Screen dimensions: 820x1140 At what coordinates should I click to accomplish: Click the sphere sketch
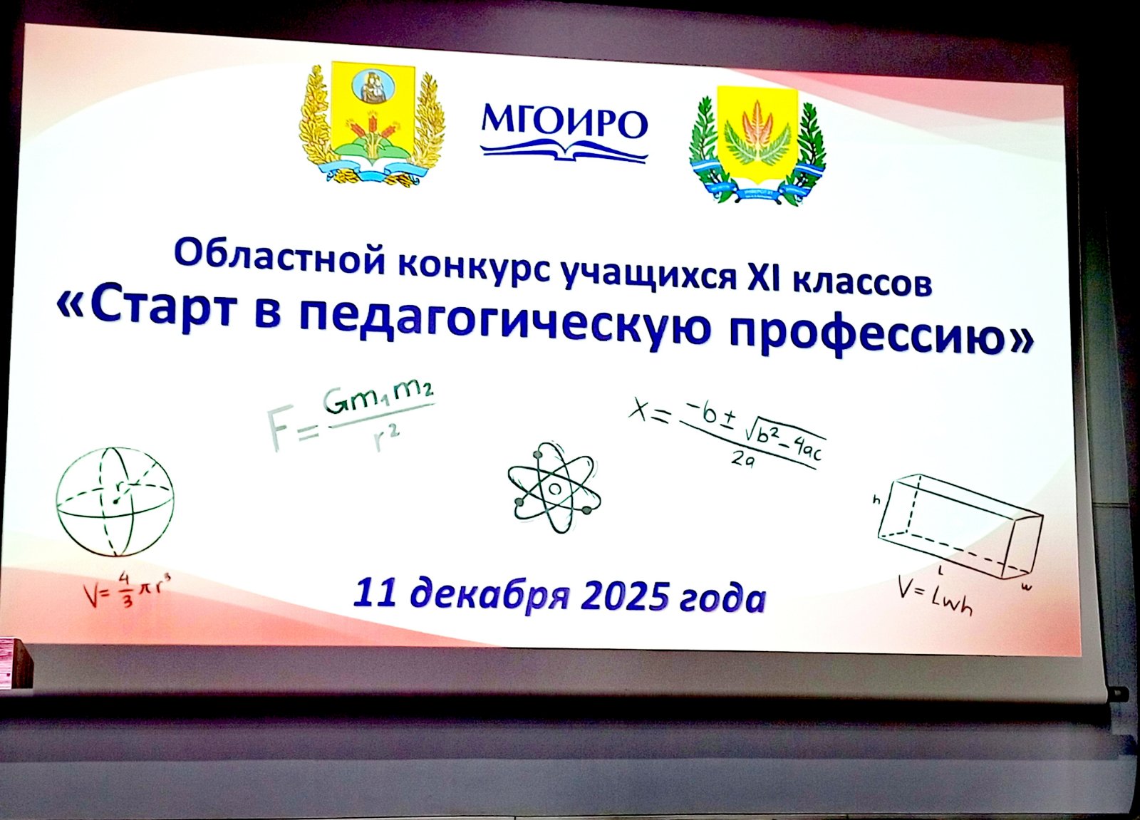pos(115,502)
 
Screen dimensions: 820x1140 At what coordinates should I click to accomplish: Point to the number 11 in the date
pos(375,593)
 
